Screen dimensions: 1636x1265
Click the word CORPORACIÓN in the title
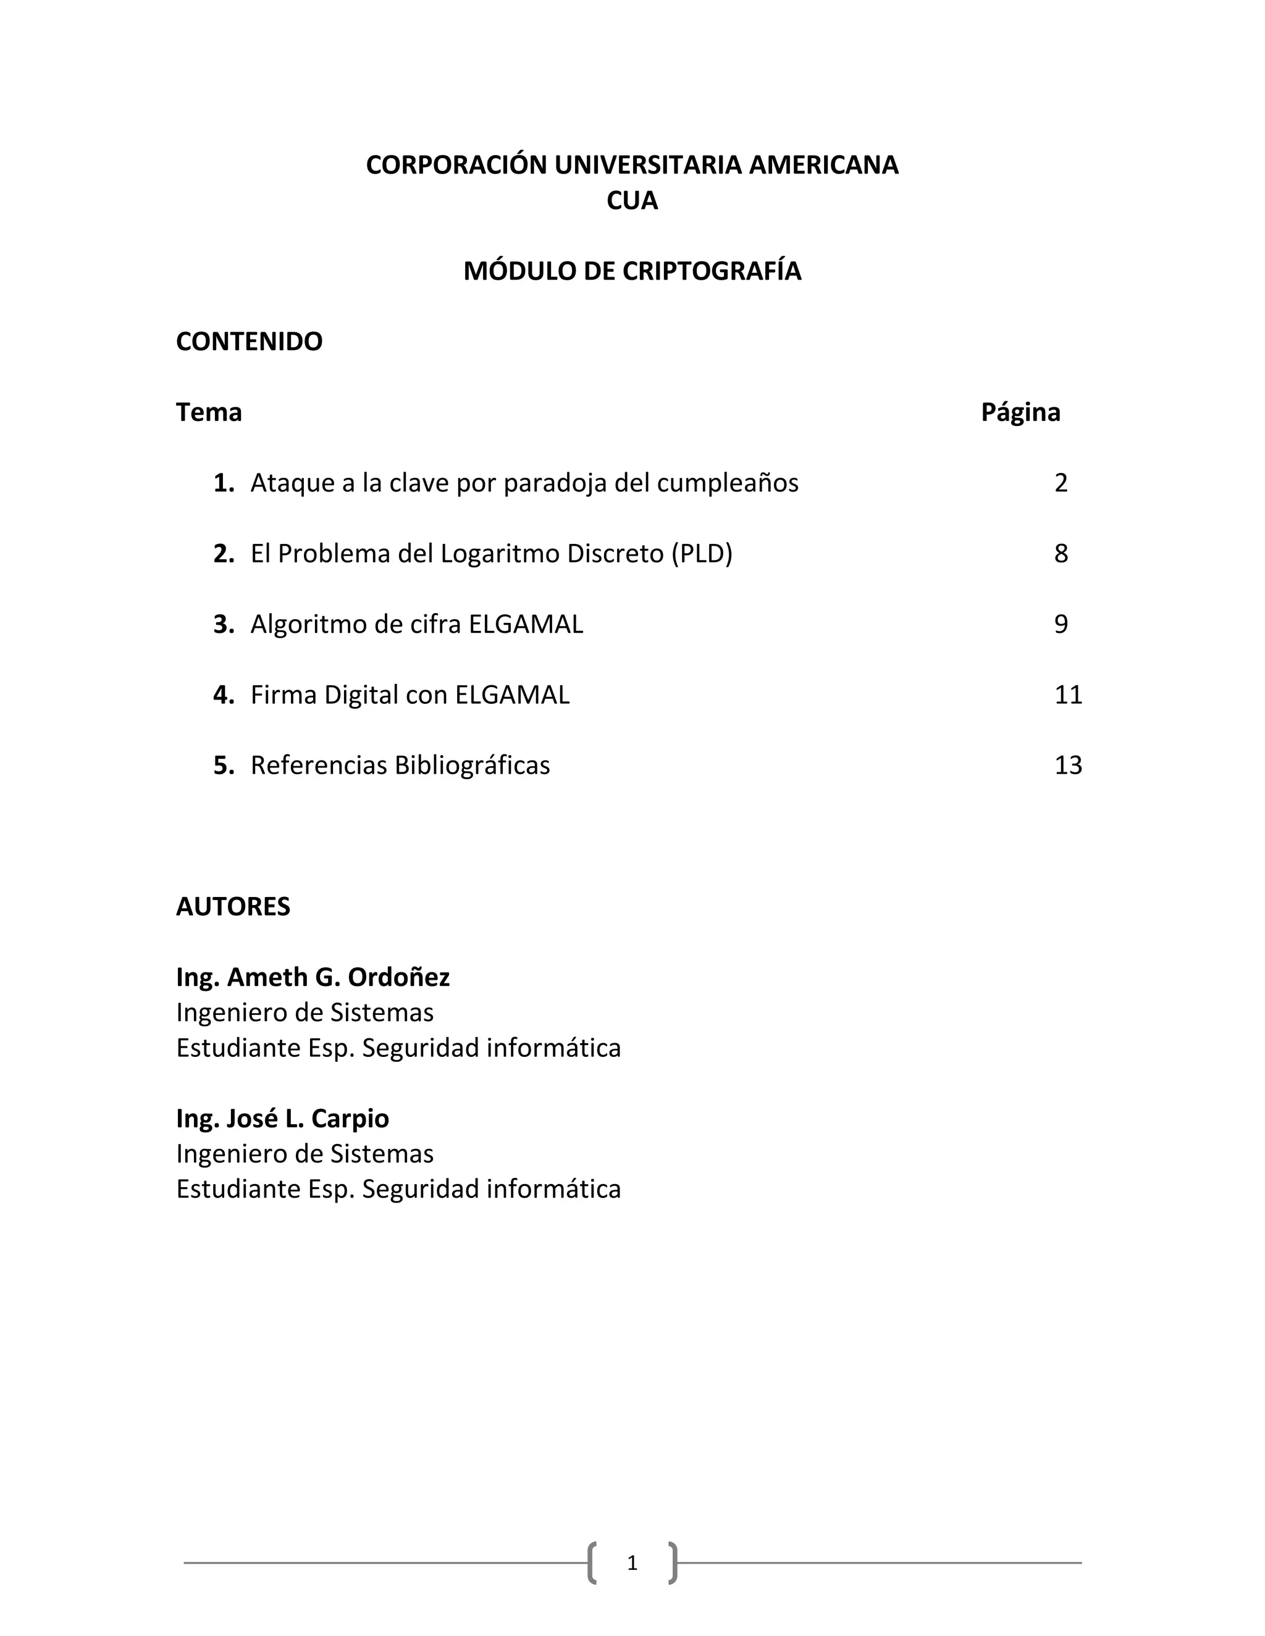[x=456, y=165]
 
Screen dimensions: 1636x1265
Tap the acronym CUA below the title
[x=632, y=201]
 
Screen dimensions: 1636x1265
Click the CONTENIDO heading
[x=249, y=341]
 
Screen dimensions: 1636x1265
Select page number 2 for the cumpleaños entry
[x=1061, y=483]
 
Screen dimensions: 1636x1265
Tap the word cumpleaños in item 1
[x=727, y=484]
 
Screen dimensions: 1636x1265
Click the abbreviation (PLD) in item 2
[x=702, y=554]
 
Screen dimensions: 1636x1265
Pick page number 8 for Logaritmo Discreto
[x=1061, y=554]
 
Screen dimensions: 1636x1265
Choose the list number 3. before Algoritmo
[x=224, y=625]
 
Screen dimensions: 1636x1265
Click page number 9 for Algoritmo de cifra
[x=1061, y=625]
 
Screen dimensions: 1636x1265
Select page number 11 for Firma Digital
[x=1068, y=695]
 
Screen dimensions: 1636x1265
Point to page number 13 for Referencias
[x=1068, y=766]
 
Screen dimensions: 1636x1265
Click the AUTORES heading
[x=233, y=907]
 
